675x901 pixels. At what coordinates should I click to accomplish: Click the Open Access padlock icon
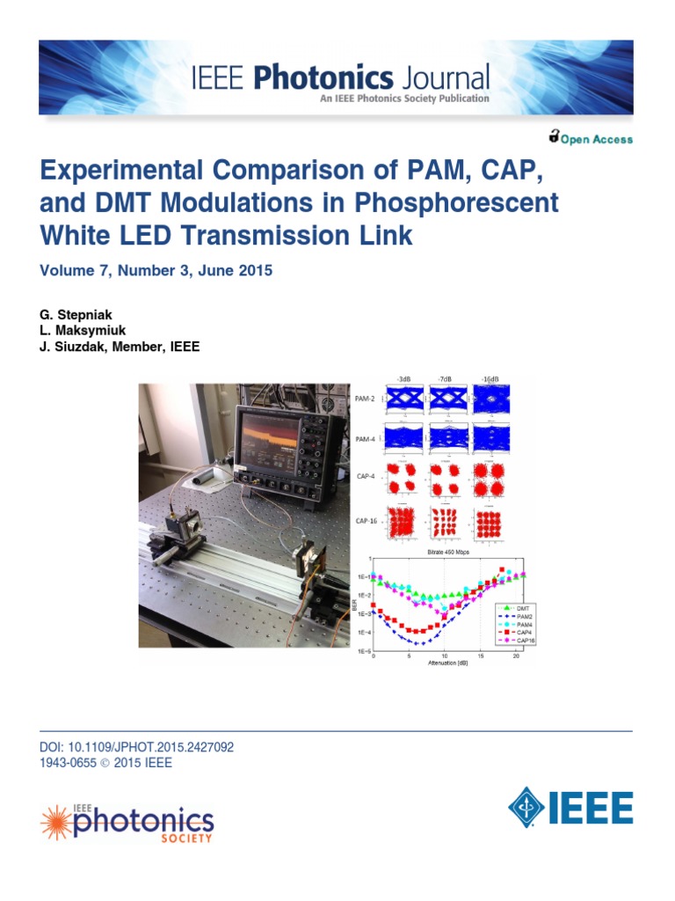(554, 136)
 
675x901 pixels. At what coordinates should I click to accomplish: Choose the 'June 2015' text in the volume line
(236, 271)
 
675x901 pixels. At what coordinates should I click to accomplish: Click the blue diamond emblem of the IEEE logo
(526, 806)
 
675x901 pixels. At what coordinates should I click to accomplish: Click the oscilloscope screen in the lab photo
(282, 440)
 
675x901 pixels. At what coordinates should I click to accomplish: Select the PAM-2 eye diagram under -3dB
(404, 399)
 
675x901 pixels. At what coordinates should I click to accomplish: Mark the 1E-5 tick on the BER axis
(360, 652)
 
